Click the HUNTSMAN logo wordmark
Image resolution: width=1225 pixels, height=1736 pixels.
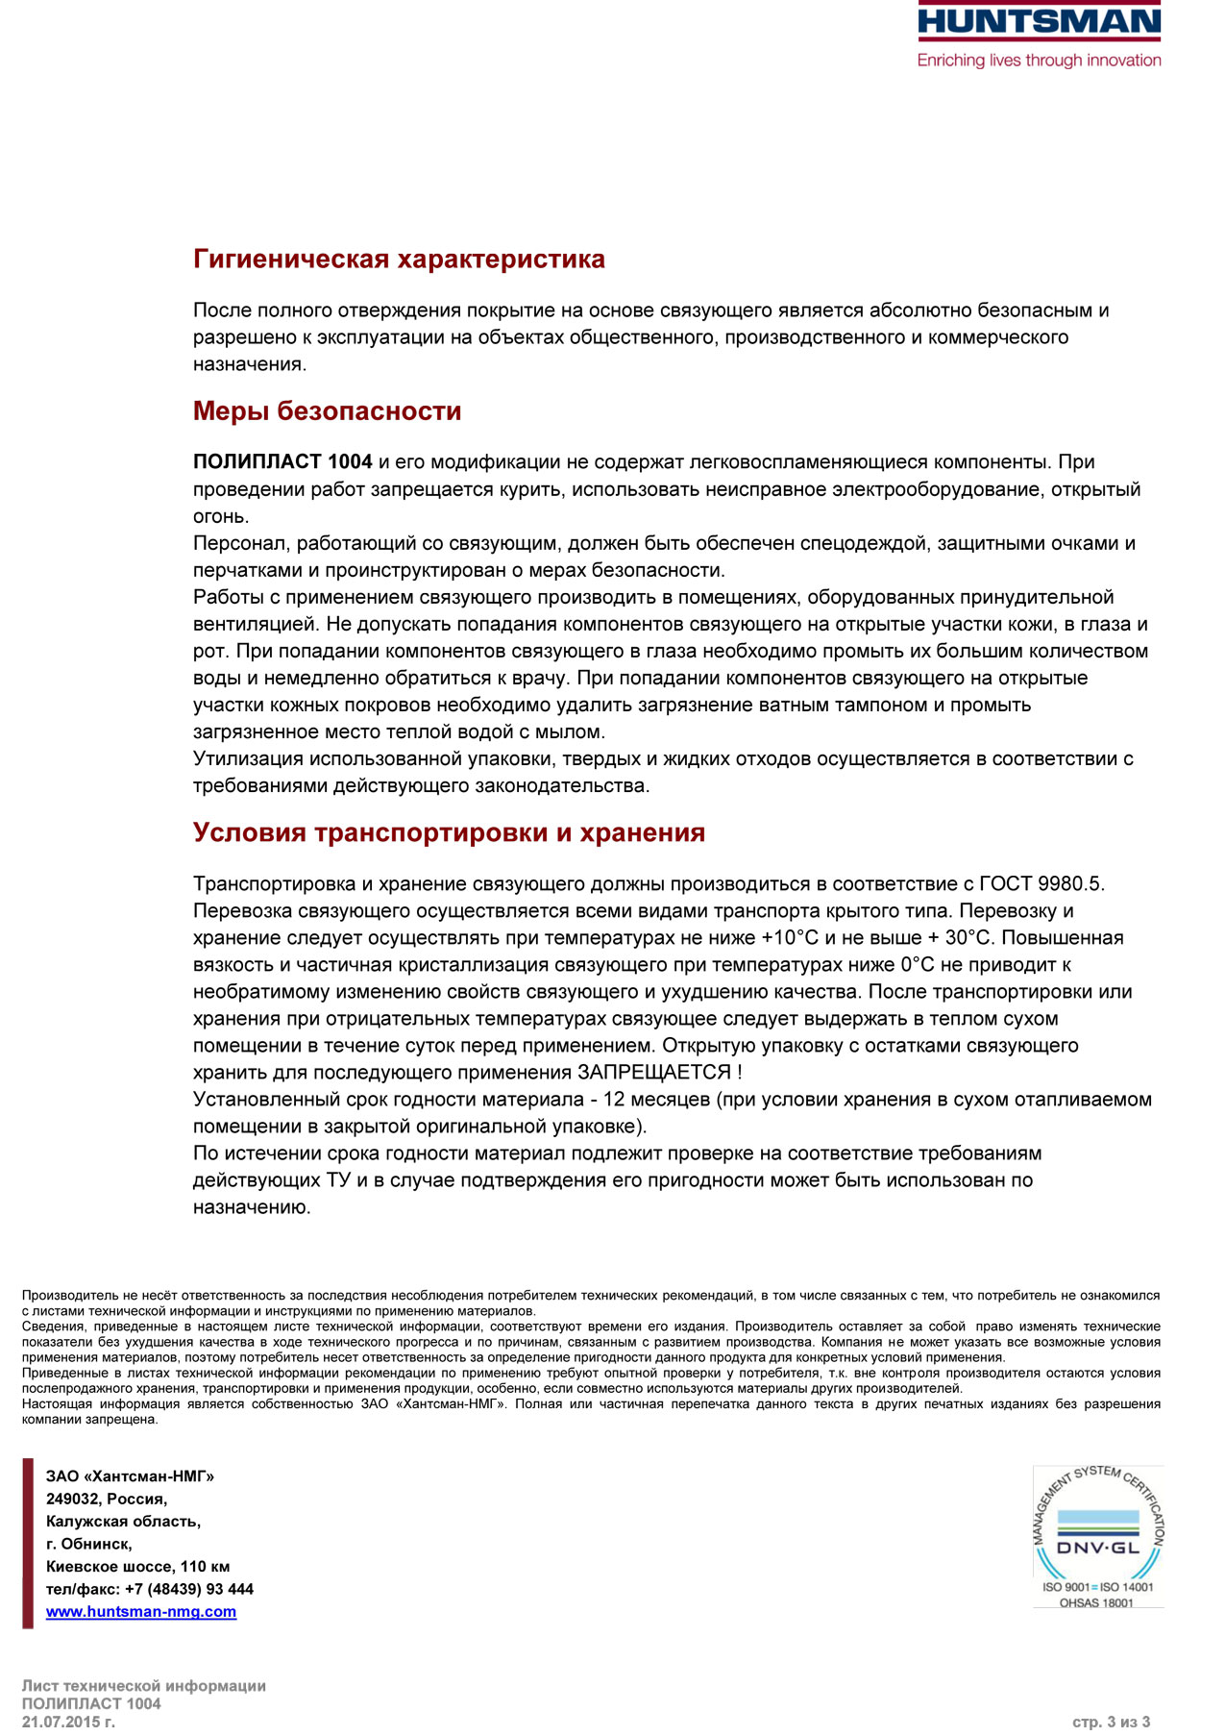click(x=1039, y=21)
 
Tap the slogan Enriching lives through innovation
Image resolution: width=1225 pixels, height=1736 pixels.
click(x=1039, y=61)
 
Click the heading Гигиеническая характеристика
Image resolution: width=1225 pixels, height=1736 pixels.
click(x=399, y=260)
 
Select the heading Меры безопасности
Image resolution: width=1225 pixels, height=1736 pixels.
click(x=327, y=411)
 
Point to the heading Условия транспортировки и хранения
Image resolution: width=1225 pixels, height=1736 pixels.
click(x=449, y=832)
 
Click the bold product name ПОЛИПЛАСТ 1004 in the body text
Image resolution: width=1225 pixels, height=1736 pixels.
click(x=282, y=462)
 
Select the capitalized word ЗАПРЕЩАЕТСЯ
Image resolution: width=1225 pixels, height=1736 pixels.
click(x=653, y=1073)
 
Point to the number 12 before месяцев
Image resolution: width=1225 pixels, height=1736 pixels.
click(x=614, y=1100)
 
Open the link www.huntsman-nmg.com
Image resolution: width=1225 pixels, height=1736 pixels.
click(x=141, y=1612)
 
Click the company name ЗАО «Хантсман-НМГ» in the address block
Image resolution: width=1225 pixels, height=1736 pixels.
click(x=130, y=1476)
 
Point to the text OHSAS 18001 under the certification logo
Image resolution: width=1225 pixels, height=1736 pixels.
click(x=1096, y=1603)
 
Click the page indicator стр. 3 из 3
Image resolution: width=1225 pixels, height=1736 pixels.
click(x=1111, y=1722)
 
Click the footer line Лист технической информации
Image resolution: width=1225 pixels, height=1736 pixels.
click(x=144, y=1686)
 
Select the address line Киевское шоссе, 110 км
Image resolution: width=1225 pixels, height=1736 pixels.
click(x=137, y=1567)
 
